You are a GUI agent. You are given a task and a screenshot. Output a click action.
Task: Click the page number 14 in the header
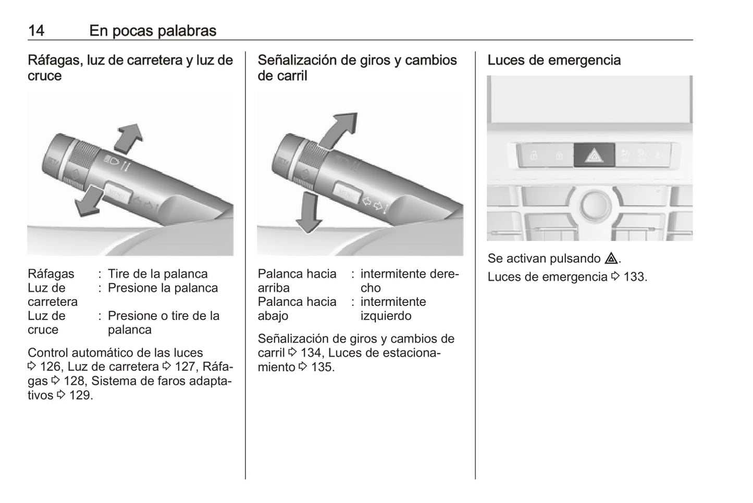tap(36, 31)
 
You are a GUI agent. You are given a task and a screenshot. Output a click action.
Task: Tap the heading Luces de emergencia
tap(554, 60)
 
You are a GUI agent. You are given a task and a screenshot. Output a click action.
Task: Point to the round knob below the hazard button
tap(595, 205)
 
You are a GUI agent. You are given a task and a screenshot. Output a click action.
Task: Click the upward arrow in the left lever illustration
tap(129, 139)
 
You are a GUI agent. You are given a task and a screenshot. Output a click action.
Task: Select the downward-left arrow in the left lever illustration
tap(89, 201)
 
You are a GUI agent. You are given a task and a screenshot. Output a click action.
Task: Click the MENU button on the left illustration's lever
tap(118, 193)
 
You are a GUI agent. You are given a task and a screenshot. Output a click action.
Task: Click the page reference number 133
tap(635, 277)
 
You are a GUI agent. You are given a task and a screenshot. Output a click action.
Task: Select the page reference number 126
tap(51, 367)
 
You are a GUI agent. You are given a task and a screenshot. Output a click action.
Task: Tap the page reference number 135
tap(322, 367)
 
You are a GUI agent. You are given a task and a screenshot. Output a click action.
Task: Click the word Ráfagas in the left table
tap(51, 274)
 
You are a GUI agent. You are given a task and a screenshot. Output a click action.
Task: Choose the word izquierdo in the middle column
tap(386, 316)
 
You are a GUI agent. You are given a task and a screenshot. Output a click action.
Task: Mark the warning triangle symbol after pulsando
tap(611, 258)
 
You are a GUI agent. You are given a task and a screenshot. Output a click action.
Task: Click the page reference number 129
tap(80, 395)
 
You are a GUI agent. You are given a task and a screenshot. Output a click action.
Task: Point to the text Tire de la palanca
tap(158, 274)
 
